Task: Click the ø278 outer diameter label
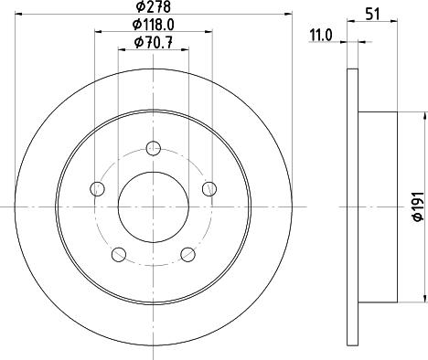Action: [x=154, y=10]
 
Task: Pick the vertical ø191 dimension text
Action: [x=417, y=207]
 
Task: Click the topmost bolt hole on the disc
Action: [x=154, y=148]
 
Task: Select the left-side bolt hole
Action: [x=98, y=189]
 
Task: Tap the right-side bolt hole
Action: [x=209, y=189]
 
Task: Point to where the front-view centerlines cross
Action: [x=154, y=207]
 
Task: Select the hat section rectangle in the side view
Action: [x=379, y=207]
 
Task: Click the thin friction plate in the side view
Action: [x=353, y=207]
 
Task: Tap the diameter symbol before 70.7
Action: [x=137, y=43]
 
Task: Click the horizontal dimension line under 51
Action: [x=373, y=23]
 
